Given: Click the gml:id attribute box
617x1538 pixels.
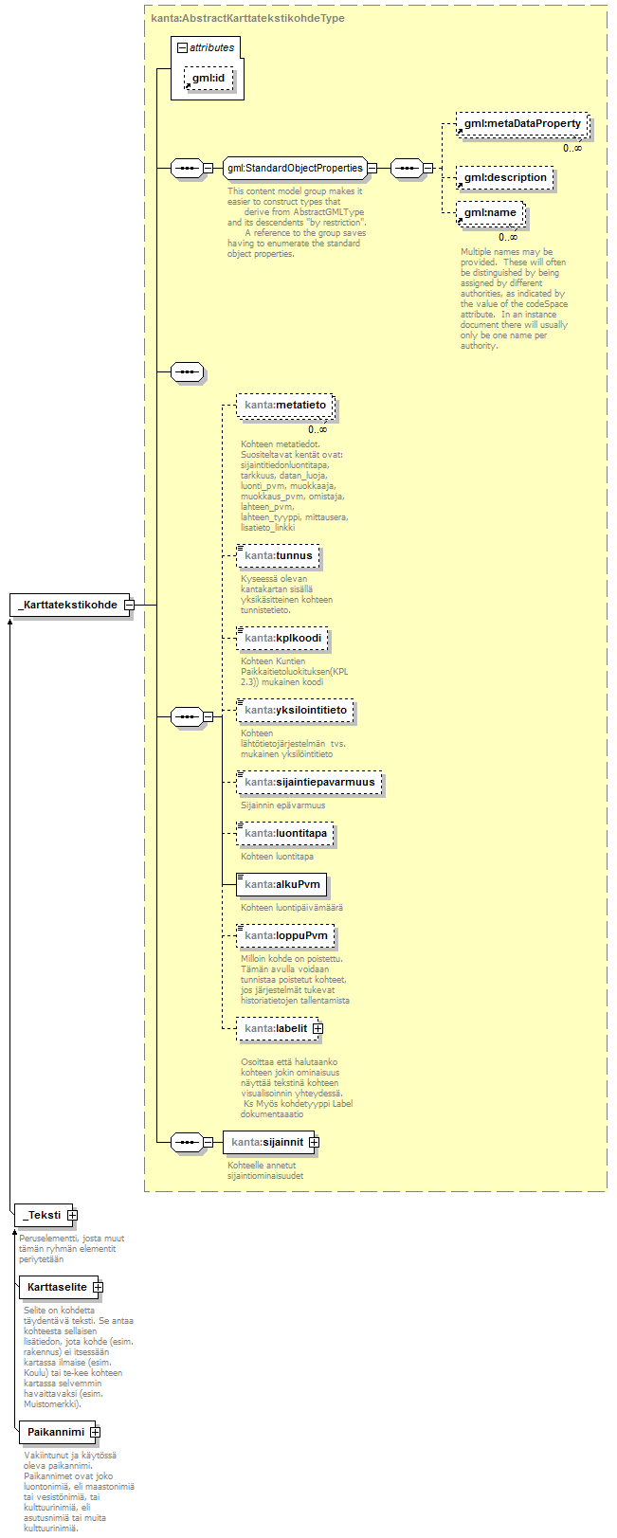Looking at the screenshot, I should (x=208, y=78).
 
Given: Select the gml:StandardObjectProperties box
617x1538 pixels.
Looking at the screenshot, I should (x=294, y=169).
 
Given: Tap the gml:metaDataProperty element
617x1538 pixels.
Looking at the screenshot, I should (x=521, y=124).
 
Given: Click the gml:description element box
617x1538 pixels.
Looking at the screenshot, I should (x=504, y=177).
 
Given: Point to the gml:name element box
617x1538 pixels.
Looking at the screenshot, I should (x=490, y=213).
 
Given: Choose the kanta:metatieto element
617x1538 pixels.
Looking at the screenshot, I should (x=284, y=406).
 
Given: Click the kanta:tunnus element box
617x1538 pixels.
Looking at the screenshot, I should (x=278, y=555).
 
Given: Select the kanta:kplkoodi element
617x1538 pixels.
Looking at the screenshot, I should (x=282, y=638).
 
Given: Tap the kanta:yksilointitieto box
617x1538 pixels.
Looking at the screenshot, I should (x=295, y=710).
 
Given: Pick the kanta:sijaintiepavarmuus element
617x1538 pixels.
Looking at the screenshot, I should (x=309, y=783).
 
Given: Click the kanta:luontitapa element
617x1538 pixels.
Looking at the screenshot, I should (x=284, y=834).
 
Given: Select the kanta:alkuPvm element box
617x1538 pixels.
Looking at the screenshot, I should (x=281, y=885).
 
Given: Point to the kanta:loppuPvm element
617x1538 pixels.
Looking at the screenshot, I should (x=284, y=936).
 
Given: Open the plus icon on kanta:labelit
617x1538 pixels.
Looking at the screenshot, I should (x=318, y=1028).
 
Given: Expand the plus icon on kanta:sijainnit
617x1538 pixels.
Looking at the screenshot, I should (x=314, y=1142).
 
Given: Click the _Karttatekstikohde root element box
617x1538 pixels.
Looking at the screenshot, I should (x=67, y=605).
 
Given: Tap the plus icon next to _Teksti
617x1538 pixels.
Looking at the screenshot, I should (x=72, y=1215).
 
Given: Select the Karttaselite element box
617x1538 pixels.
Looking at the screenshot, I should (x=57, y=1287).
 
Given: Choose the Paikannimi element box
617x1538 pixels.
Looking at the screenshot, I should (x=55, y=1432).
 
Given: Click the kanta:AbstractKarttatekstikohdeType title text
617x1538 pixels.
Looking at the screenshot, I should (x=247, y=18).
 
